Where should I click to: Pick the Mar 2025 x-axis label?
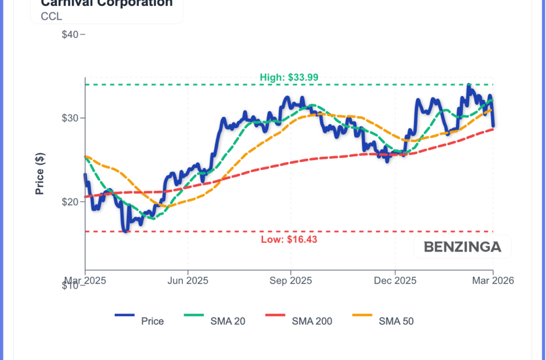click(85, 281)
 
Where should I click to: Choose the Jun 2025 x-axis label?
click(188, 281)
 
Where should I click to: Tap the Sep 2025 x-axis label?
click(291, 281)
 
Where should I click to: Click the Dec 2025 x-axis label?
click(395, 281)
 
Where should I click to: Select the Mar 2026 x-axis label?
click(493, 281)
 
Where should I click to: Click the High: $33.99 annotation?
click(289, 77)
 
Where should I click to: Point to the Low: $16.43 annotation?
click(289, 239)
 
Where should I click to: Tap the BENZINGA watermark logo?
click(462, 247)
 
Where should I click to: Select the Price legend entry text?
click(152, 321)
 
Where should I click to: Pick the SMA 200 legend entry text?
click(312, 321)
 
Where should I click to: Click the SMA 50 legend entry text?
click(396, 321)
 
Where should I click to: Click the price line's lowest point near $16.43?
click(125, 231)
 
